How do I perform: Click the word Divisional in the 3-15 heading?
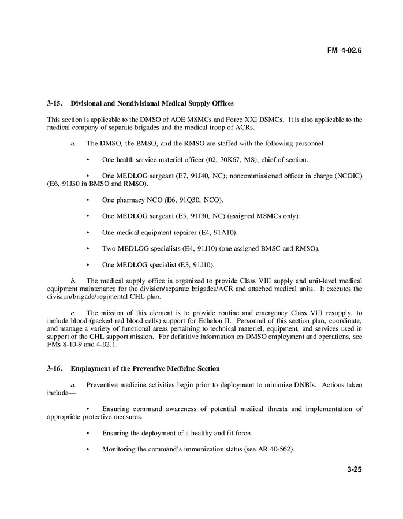(x=88, y=103)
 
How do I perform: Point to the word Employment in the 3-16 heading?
(x=91, y=368)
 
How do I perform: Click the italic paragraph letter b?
(x=73, y=281)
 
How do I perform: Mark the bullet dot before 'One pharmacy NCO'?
(x=88, y=200)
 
